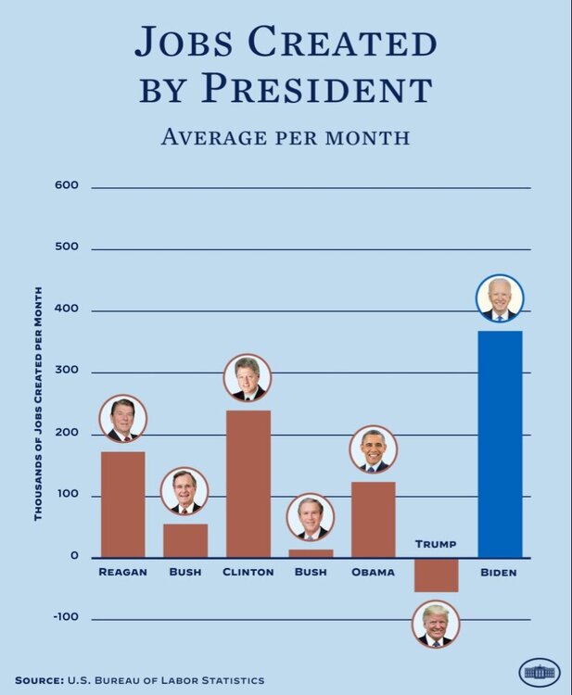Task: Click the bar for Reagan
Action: [122, 504]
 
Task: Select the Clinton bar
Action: [248, 483]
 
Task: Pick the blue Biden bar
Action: [500, 444]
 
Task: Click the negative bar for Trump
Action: [436, 575]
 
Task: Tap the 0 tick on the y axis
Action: [74, 557]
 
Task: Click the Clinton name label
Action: [248, 573]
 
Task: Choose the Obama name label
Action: [373, 573]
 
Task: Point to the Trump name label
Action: [436, 544]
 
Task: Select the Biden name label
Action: [499, 573]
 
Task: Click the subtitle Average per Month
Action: [286, 137]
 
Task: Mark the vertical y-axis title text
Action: [38, 408]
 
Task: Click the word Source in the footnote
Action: [39, 680]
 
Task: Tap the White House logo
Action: [540, 672]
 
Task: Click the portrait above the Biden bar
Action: [500, 298]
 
